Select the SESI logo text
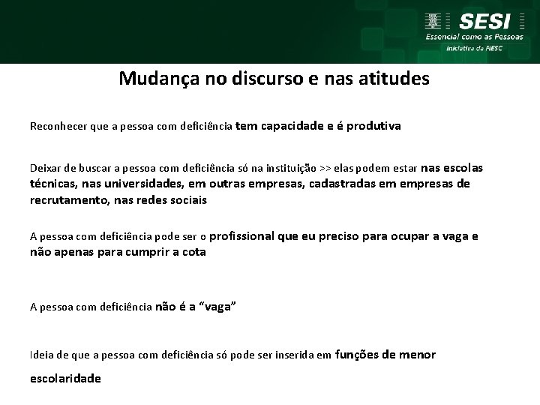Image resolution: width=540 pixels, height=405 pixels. click(485, 21)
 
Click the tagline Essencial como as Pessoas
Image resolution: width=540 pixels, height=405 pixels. click(475, 36)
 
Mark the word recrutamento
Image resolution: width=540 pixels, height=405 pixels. click(62, 200)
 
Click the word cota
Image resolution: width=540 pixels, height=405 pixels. click(193, 252)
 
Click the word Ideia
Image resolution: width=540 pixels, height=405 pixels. click(42, 355)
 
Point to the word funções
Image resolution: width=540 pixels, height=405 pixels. click(356, 354)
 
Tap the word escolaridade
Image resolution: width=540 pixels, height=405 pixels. click(65, 379)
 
